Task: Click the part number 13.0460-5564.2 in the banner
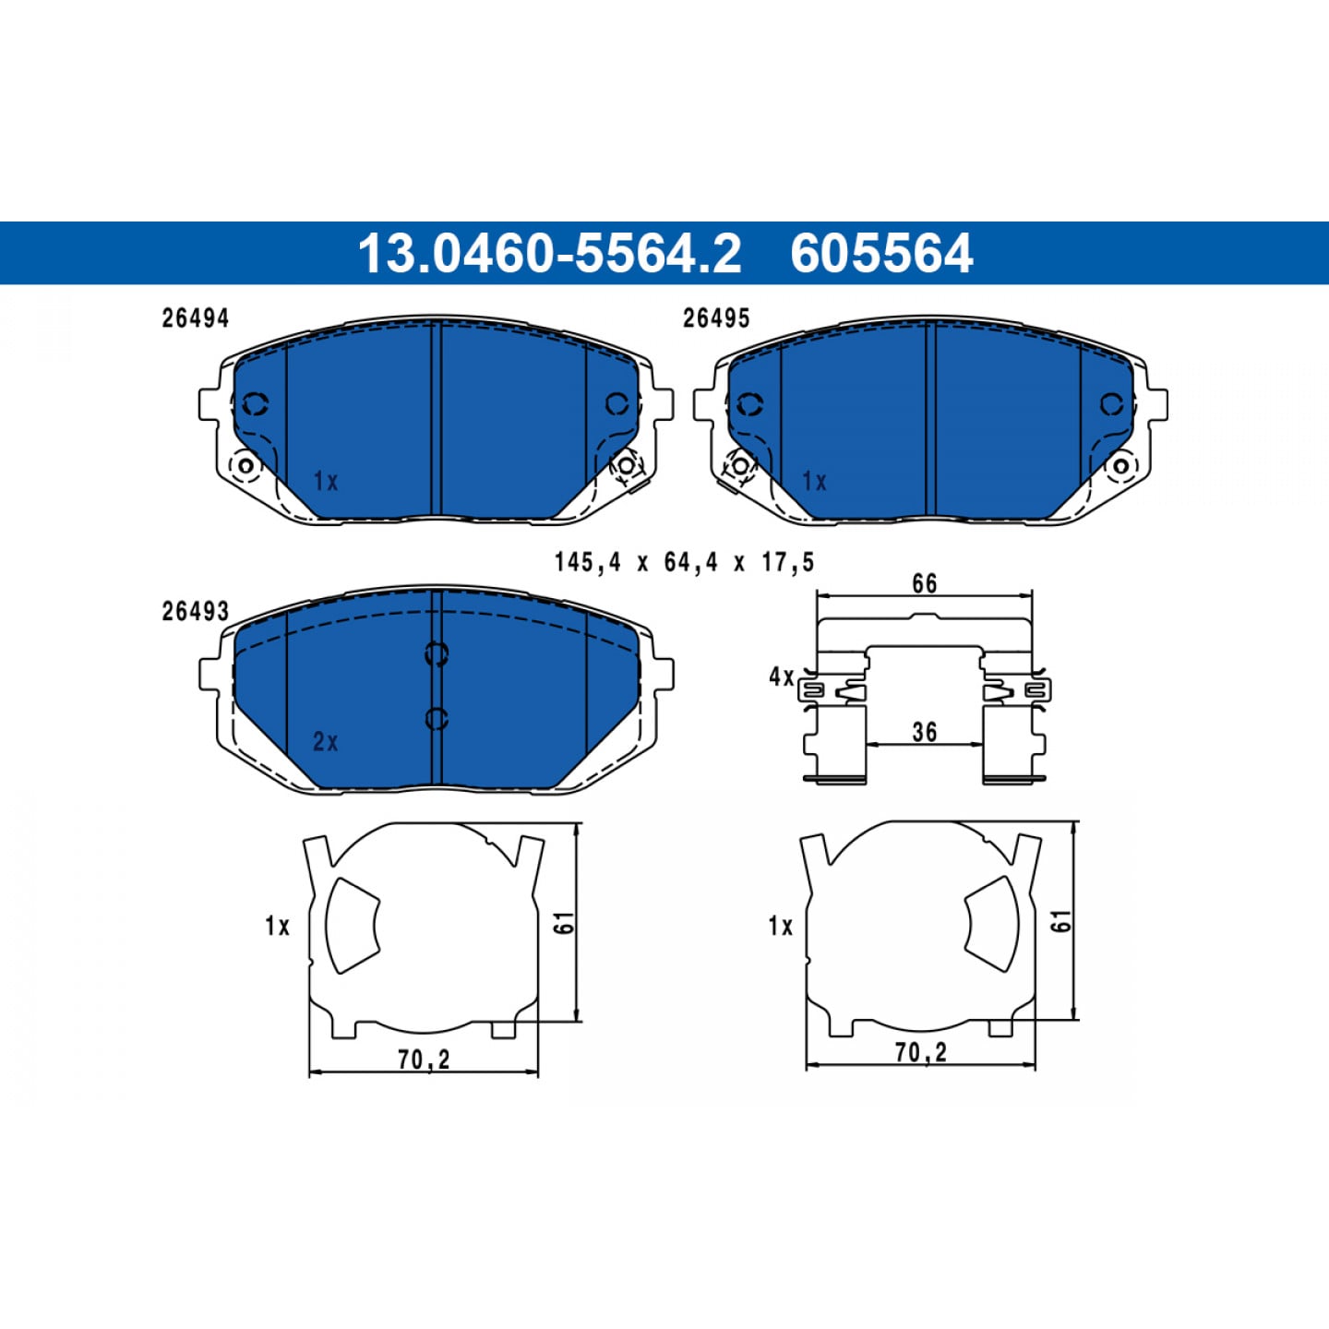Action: tap(549, 253)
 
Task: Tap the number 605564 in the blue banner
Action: tap(881, 253)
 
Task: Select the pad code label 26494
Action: tap(195, 318)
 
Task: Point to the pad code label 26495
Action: tap(716, 318)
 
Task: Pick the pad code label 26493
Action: tap(195, 612)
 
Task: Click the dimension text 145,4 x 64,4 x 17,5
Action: tap(685, 563)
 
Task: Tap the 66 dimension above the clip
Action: tap(924, 583)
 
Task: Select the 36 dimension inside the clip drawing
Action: tap(924, 732)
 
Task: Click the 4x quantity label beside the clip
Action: tap(782, 677)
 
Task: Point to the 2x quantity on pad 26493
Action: tap(326, 742)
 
